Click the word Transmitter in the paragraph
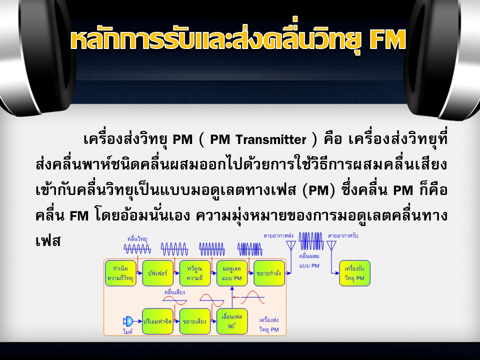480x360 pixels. pyautogui.click(x=271, y=139)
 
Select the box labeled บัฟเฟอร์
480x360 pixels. pyautogui.click(x=157, y=273)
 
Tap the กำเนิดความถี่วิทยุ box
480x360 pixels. pyautogui.click(x=120, y=273)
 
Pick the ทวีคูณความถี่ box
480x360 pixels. pyautogui.click(x=195, y=273)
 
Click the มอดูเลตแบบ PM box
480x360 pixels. pyautogui.click(x=232, y=273)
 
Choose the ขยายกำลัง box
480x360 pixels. pyautogui.click(x=269, y=273)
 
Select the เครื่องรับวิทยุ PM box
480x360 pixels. pyautogui.click(x=355, y=273)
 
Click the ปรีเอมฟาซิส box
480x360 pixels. pyautogui.click(x=157, y=321)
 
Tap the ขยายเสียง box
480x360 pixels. pyautogui.click(x=195, y=321)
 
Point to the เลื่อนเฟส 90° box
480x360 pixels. pyautogui.click(x=232, y=321)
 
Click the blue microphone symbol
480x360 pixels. pyautogui.click(x=128, y=321)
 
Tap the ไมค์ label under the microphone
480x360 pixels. pyautogui.click(x=127, y=331)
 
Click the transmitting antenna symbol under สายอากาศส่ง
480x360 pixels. pyautogui.click(x=291, y=245)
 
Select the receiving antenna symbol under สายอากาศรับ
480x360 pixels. pyautogui.click(x=331, y=245)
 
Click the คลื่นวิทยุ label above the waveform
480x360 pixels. pyautogui.click(x=137, y=239)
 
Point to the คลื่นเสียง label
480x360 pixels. pyautogui.click(x=174, y=292)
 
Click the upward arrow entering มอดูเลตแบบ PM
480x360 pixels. pyautogui.click(x=232, y=297)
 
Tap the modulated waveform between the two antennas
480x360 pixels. pyautogui.click(x=311, y=241)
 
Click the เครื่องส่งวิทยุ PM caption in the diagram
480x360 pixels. pyautogui.click(x=269, y=325)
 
